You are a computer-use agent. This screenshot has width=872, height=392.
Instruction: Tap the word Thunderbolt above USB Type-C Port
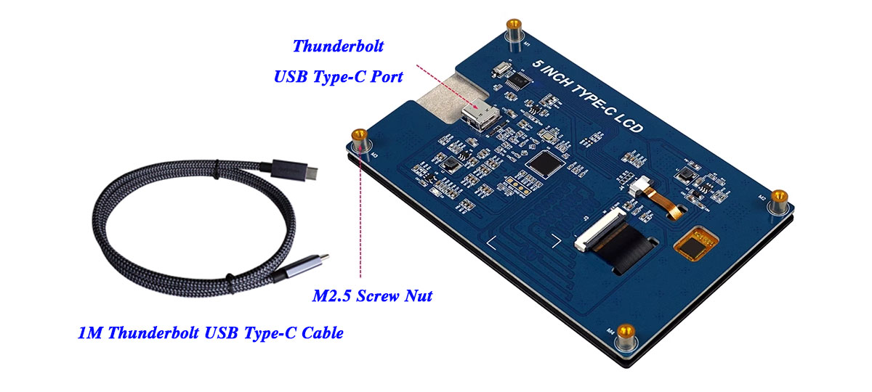coord(338,46)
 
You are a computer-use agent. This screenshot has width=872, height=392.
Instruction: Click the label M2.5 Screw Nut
coord(372,295)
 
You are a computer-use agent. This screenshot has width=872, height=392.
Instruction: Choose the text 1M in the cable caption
coord(90,334)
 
